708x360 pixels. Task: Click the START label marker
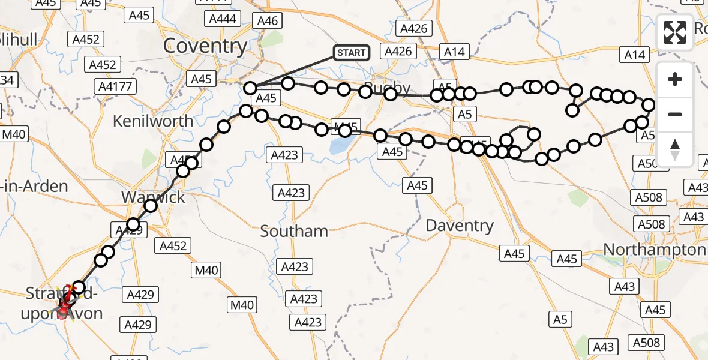point(351,53)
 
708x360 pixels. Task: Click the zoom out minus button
point(675,114)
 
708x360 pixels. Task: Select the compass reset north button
point(675,149)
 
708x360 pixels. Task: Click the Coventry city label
point(205,46)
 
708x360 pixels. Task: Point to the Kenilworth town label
point(154,121)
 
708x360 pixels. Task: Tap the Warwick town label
point(153,197)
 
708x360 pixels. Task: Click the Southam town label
point(294,231)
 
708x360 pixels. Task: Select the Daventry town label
point(460,226)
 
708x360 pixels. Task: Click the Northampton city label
point(654,249)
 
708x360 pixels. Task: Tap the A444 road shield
point(223,19)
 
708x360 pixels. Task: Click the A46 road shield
point(268,21)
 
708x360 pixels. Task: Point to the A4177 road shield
point(115,87)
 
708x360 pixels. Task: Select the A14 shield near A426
point(455,52)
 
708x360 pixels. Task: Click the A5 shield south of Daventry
point(560,320)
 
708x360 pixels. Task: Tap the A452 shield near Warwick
point(172,245)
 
